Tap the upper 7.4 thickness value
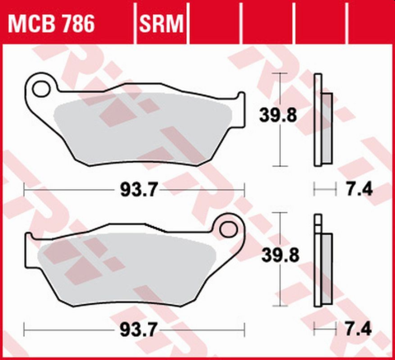coord(360,191)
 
